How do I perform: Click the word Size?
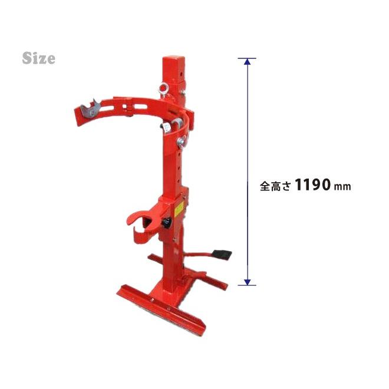(39, 58)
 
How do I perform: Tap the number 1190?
(313, 184)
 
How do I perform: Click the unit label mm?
(342, 187)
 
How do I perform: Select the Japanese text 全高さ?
(275, 186)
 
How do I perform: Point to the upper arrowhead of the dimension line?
(247, 61)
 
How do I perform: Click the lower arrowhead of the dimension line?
(247, 282)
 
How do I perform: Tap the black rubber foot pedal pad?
(222, 255)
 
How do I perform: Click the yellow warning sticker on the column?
(179, 209)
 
